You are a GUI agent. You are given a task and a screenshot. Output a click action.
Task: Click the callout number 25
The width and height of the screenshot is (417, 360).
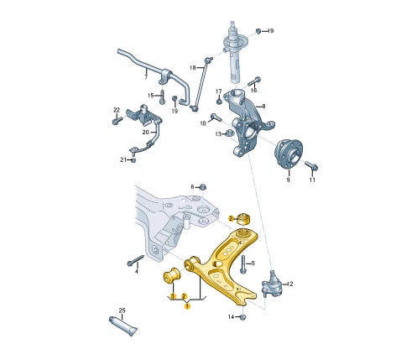(122, 310)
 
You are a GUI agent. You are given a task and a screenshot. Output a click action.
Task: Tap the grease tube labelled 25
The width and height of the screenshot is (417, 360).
(122, 326)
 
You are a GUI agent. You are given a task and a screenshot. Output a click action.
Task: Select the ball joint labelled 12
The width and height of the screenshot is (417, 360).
(271, 284)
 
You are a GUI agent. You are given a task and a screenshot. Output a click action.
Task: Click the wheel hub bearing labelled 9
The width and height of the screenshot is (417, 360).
(289, 154)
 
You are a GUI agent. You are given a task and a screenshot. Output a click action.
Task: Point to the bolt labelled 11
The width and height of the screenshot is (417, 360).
(311, 165)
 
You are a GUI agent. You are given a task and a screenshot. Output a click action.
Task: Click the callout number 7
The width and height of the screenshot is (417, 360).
(146, 77)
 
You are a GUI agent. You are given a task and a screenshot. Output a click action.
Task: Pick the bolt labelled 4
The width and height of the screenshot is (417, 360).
(136, 260)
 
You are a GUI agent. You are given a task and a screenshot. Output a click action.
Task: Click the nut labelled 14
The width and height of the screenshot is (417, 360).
(242, 317)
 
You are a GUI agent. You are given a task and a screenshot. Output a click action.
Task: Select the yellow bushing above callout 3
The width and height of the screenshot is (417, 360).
(172, 275)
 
